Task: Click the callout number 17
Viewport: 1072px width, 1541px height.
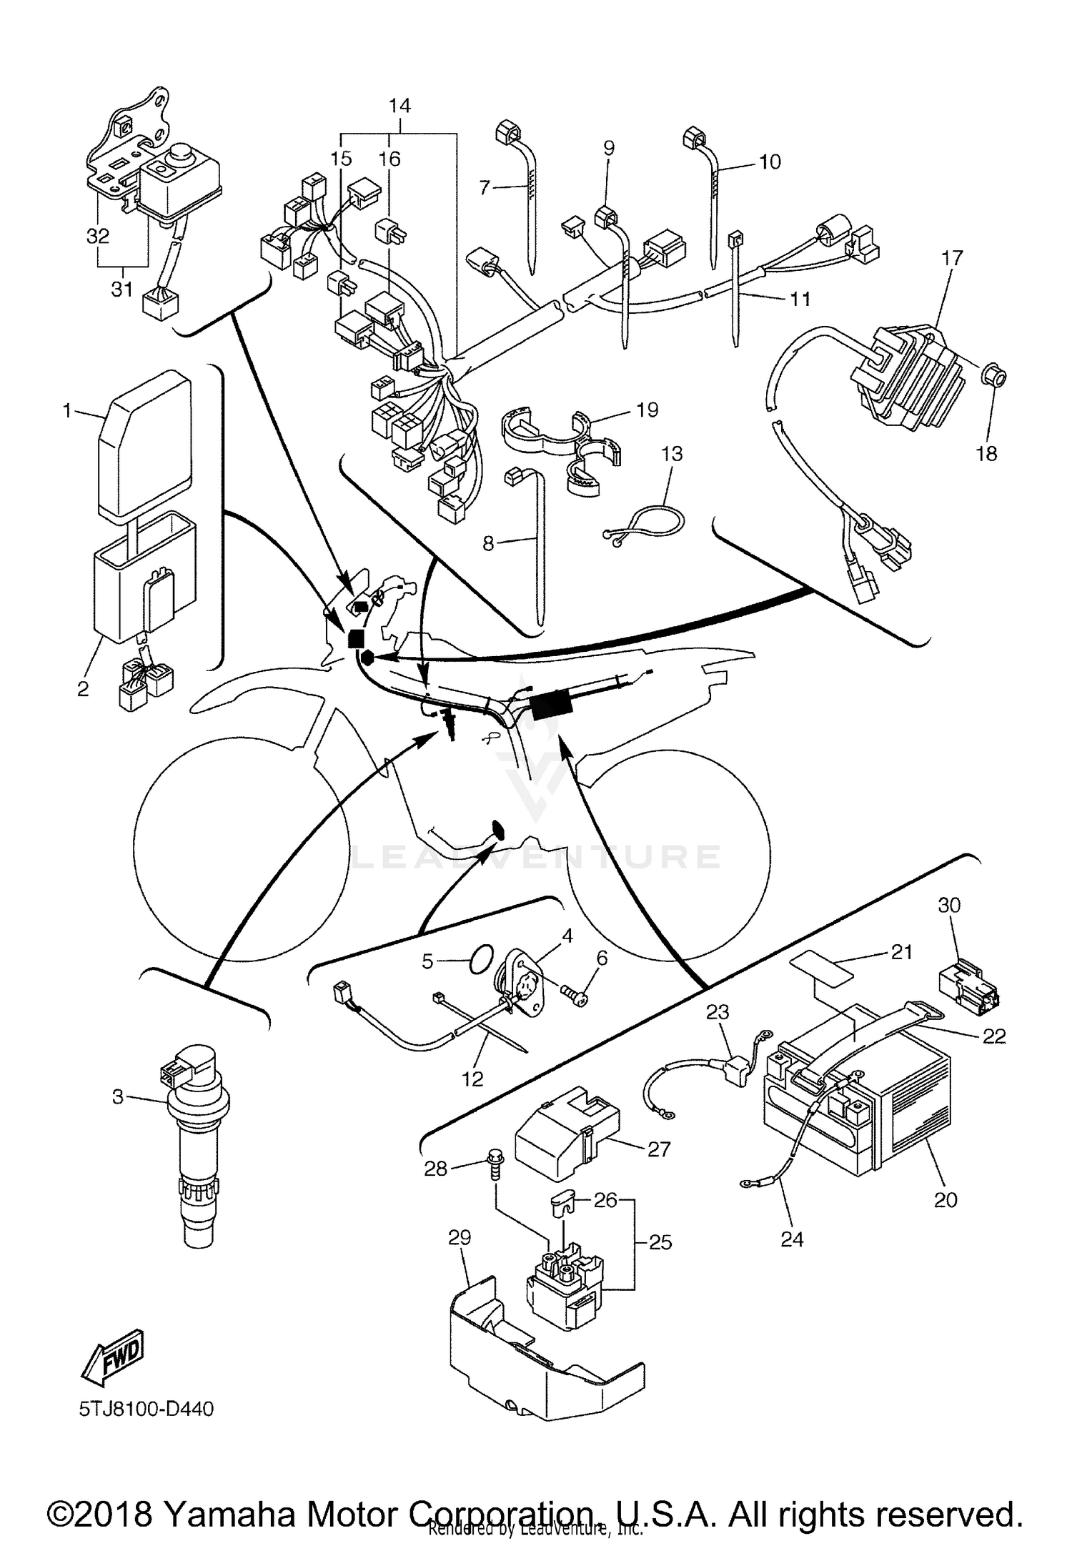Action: click(x=951, y=258)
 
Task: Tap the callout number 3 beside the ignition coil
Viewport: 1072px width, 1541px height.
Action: click(x=118, y=1096)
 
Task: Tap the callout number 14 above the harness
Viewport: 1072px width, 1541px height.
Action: click(x=399, y=106)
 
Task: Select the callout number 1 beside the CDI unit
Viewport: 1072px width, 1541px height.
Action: click(x=67, y=411)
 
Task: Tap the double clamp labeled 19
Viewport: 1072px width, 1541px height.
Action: click(x=565, y=447)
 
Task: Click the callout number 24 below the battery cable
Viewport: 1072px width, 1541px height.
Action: click(x=792, y=1239)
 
